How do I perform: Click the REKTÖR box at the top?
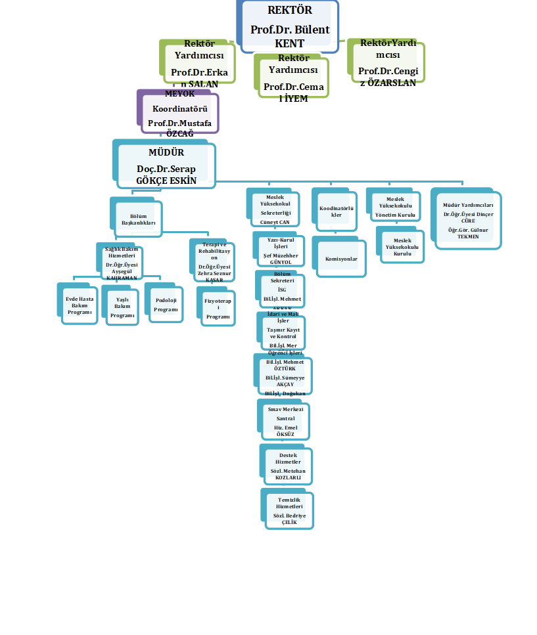coord(290,26)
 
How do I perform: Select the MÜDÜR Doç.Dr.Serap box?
coord(166,165)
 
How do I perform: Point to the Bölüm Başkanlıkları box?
coord(138,219)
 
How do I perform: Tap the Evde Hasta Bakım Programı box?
coord(79,304)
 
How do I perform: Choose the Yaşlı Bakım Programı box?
coord(122,306)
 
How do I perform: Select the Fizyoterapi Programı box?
coord(217,307)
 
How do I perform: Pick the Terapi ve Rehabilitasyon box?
coord(214,262)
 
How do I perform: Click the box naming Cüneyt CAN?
coord(275,209)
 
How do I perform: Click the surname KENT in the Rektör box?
coord(290,43)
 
